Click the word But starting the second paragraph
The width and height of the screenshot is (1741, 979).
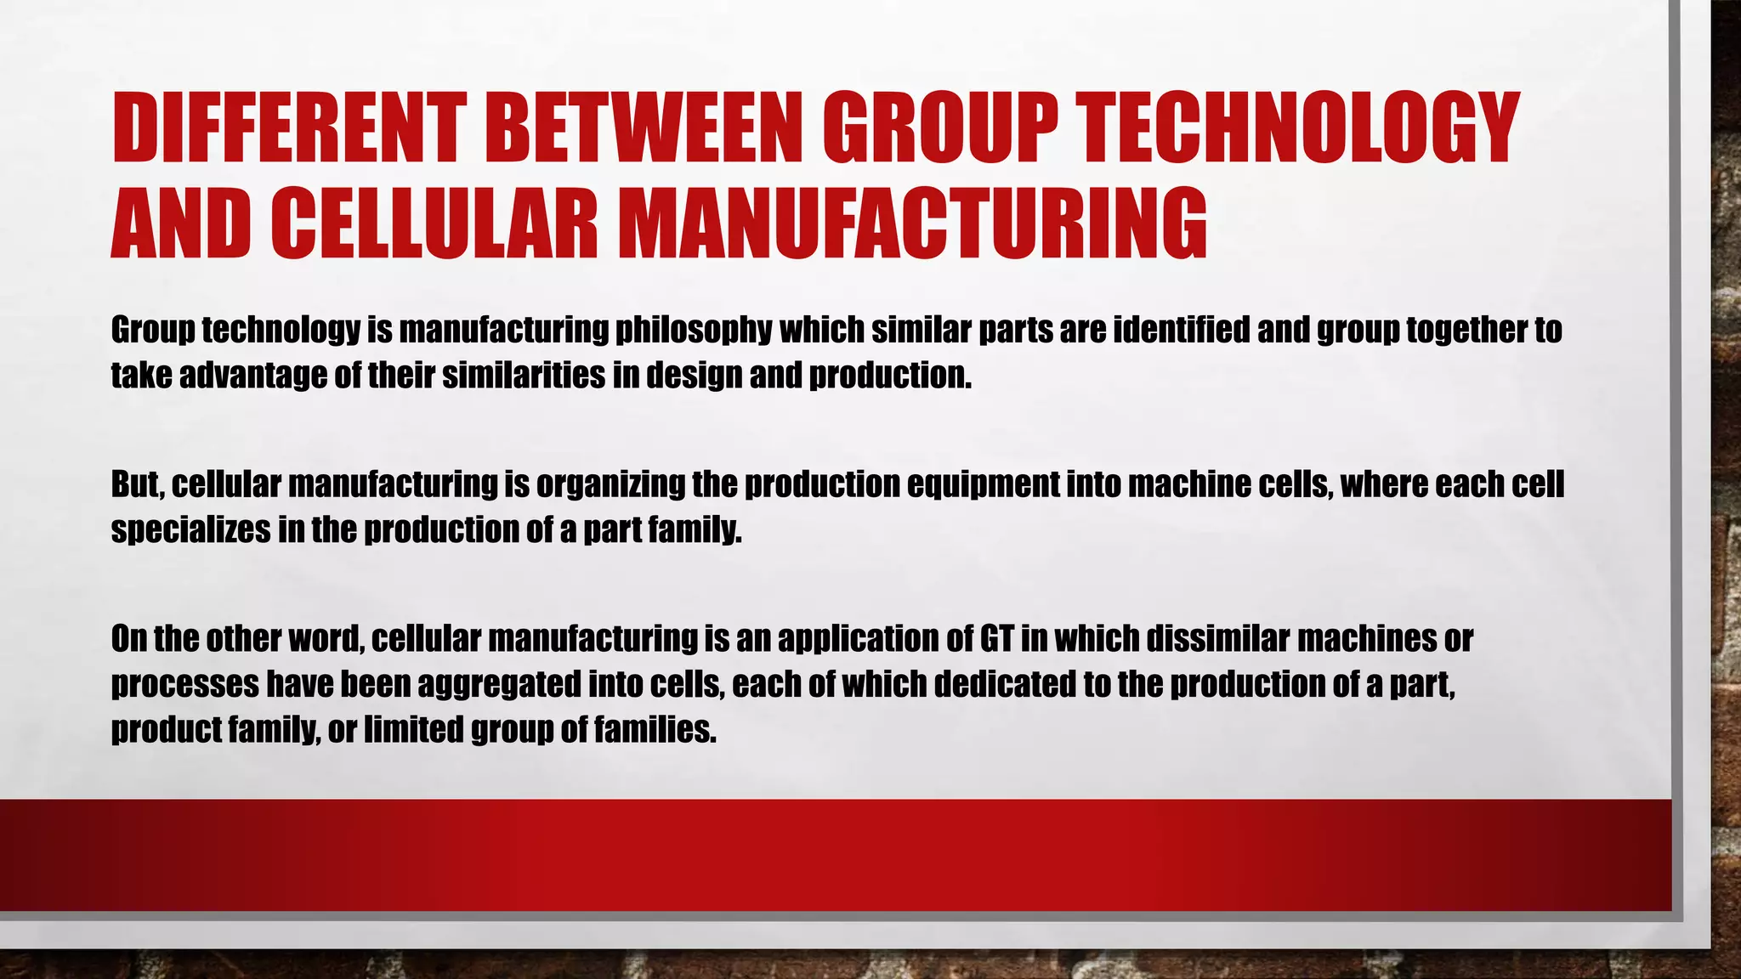[x=137, y=484]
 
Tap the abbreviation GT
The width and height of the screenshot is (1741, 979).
[x=996, y=639]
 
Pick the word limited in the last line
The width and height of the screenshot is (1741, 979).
[x=413, y=729]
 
